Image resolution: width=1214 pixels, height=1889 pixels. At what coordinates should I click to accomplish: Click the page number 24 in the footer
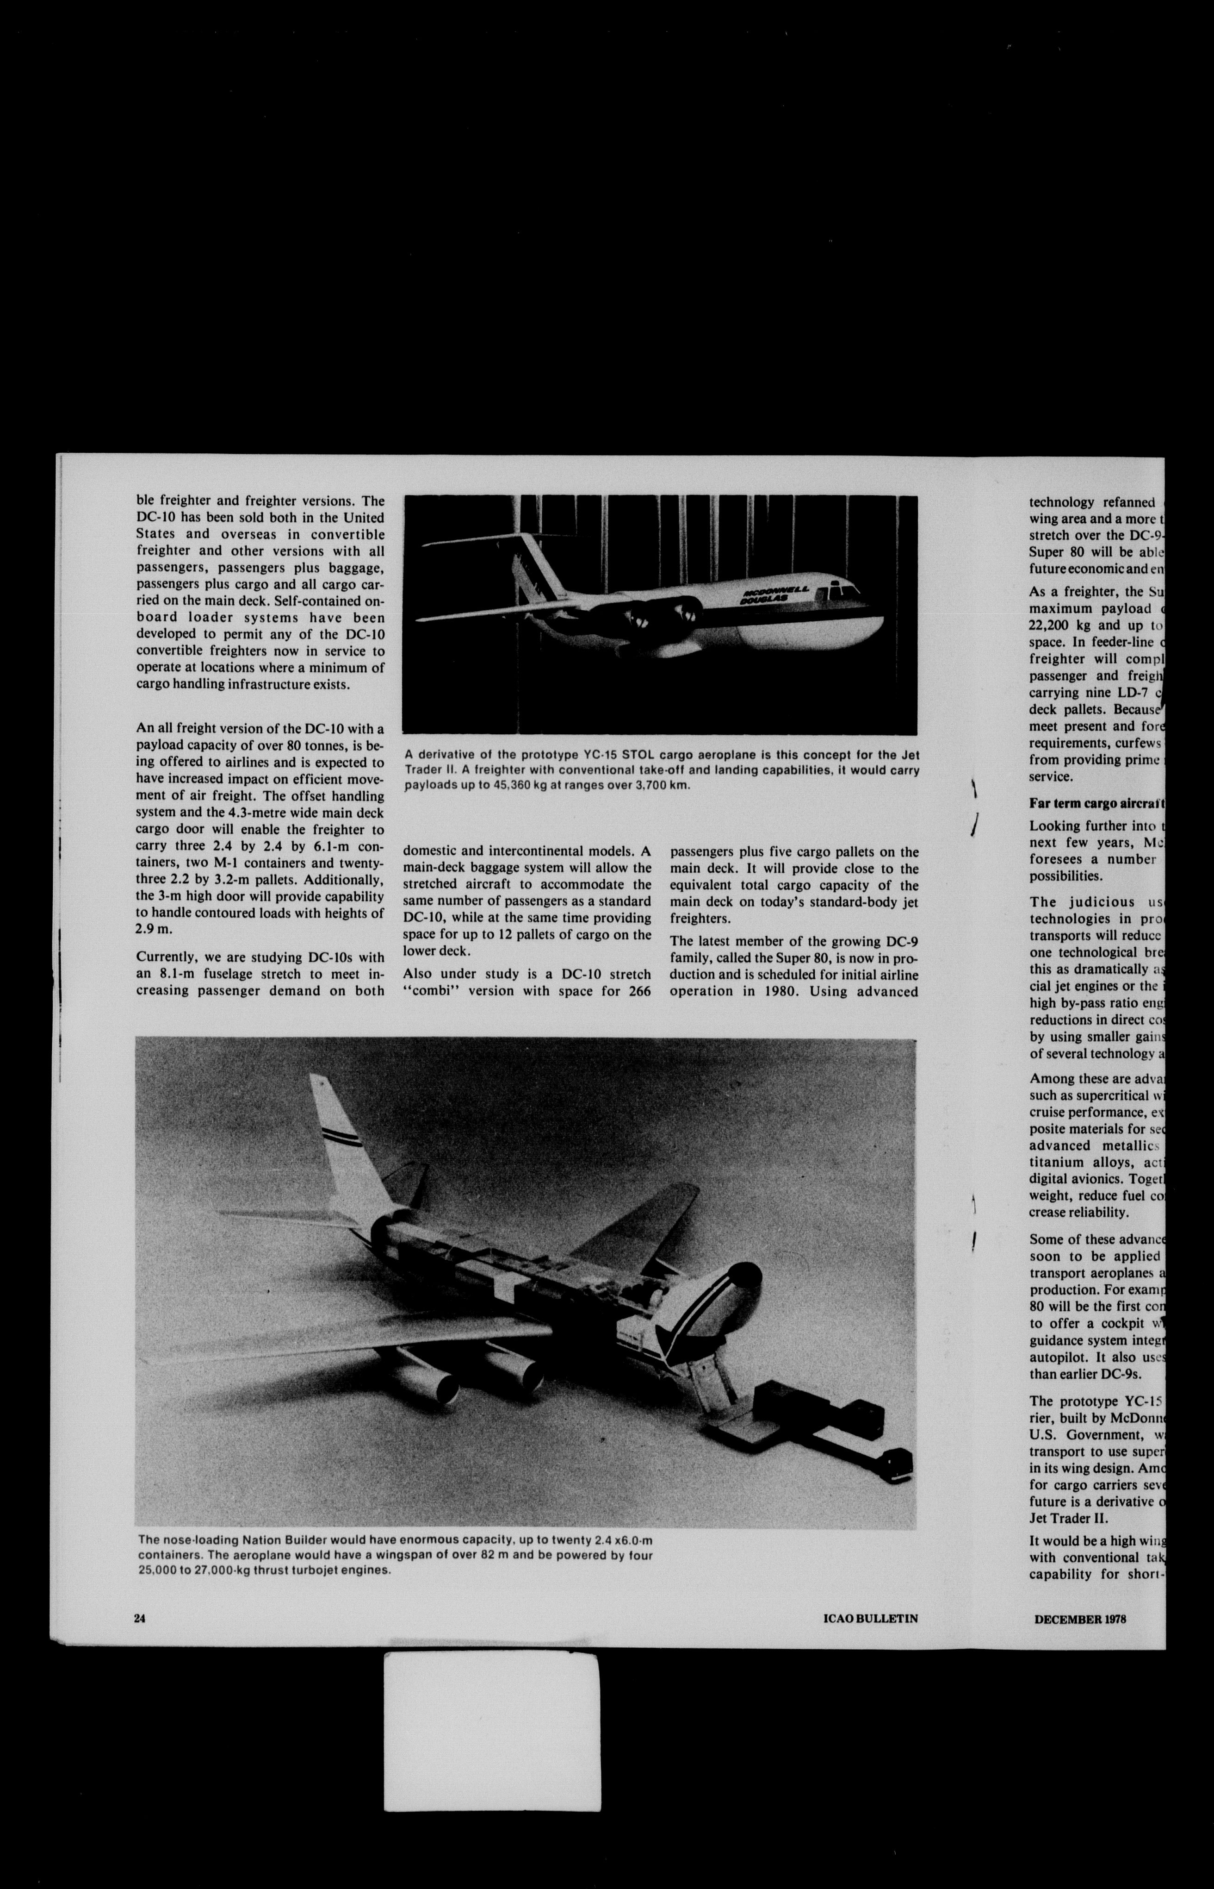click(140, 1618)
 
